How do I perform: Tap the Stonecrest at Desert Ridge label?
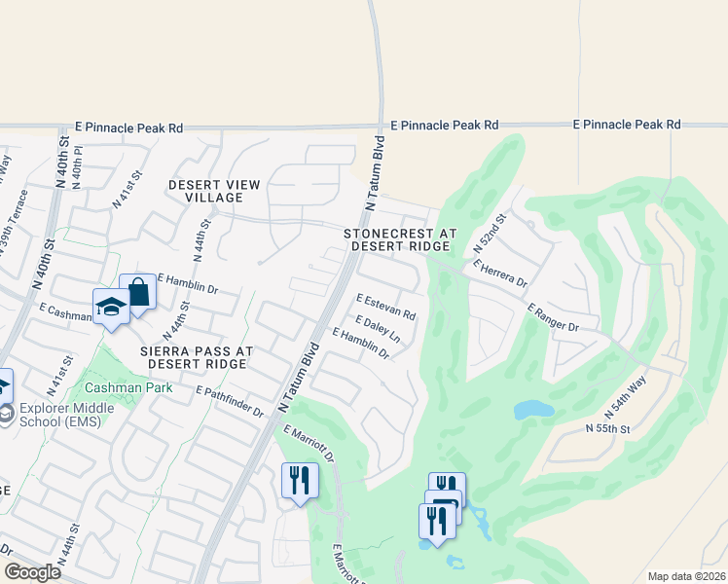pyautogui.click(x=400, y=240)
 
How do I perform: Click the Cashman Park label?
pyautogui.click(x=140, y=387)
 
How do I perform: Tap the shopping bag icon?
pyautogui.click(x=138, y=292)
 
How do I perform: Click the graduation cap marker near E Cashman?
pyautogui.click(x=112, y=307)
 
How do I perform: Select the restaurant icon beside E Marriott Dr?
pyautogui.click(x=300, y=481)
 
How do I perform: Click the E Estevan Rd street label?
pyautogui.click(x=386, y=308)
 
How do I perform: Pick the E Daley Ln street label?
pyautogui.click(x=379, y=328)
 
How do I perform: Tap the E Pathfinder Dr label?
pyautogui.click(x=231, y=401)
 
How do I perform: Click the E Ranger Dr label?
pyautogui.click(x=554, y=317)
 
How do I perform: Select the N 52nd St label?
pyautogui.click(x=491, y=235)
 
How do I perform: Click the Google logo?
pyautogui.click(x=32, y=572)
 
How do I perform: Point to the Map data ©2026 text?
pyautogui.click(x=685, y=576)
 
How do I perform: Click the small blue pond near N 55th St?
pyautogui.click(x=533, y=410)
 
